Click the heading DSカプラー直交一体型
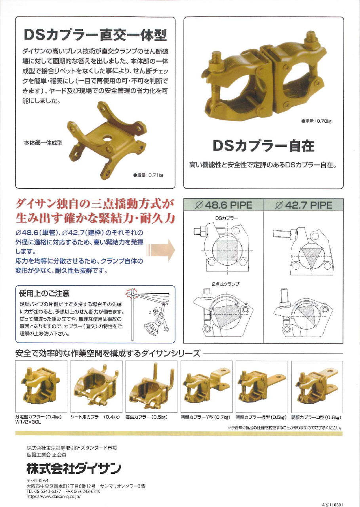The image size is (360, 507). pyautogui.click(x=95, y=36)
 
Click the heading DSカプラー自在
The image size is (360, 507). pyautogui.click(x=263, y=146)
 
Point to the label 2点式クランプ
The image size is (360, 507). pyautogui.click(x=223, y=284)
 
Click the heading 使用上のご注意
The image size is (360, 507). pyautogui.click(x=44, y=293)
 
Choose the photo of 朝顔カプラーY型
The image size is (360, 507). pyautogui.click(x=206, y=386)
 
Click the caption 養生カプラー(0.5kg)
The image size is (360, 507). pyautogui.click(x=147, y=417)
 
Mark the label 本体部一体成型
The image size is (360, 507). pyautogui.click(x=44, y=143)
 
